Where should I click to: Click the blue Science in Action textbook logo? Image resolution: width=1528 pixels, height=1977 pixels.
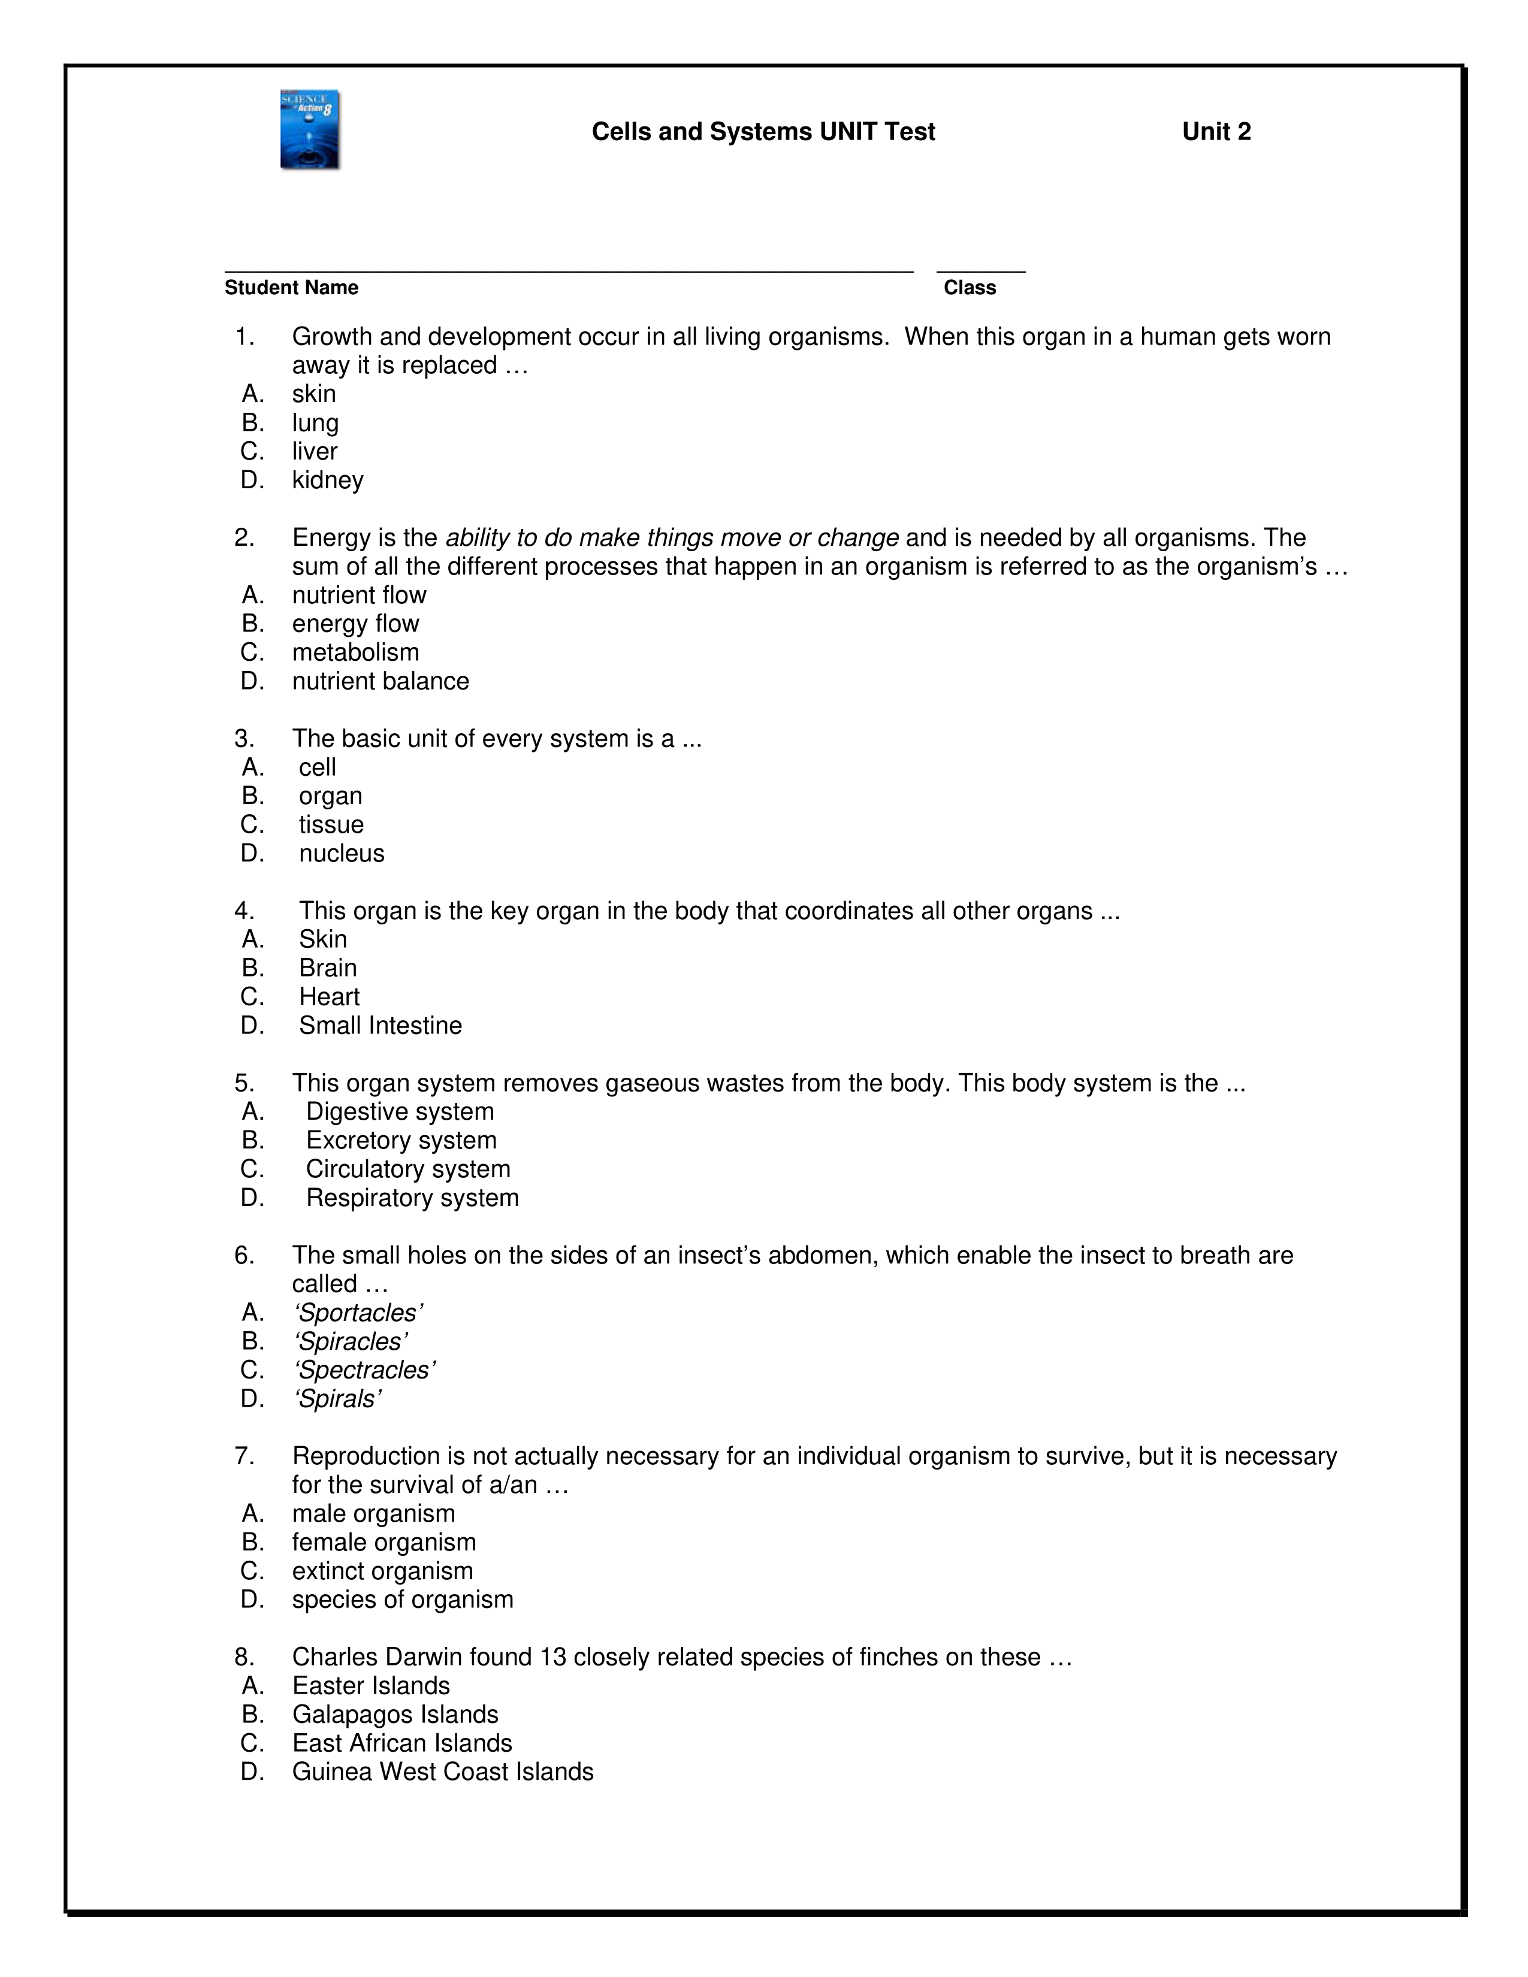tap(310, 129)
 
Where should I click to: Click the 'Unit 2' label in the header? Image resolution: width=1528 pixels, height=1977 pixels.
tap(1216, 132)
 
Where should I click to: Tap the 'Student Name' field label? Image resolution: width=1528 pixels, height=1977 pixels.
tap(291, 288)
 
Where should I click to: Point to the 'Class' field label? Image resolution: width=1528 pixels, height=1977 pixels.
tap(970, 288)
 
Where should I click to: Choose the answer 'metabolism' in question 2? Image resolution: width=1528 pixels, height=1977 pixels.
tap(355, 652)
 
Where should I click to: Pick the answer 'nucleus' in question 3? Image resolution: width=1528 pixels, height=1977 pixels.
tap(342, 854)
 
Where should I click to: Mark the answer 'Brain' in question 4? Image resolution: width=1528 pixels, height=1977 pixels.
tap(328, 969)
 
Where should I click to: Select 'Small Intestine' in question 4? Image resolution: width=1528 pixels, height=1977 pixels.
tap(380, 1026)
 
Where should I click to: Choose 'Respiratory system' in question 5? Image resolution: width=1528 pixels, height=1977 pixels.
tap(412, 1199)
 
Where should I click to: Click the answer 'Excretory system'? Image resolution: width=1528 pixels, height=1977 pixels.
tap(401, 1141)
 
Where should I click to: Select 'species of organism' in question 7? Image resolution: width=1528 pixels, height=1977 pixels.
tap(402, 1600)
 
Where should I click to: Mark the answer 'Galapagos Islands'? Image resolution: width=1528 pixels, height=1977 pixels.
tap(395, 1715)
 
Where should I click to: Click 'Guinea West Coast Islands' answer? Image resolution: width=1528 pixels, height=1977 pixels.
tap(443, 1773)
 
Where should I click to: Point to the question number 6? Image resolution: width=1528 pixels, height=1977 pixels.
tap(243, 1256)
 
